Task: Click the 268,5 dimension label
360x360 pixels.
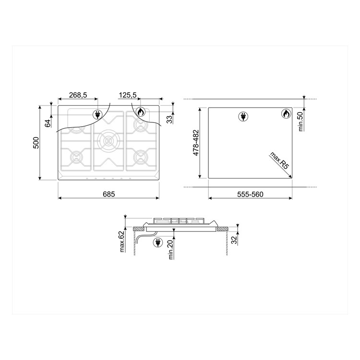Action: coord(78,95)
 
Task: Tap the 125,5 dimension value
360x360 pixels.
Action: coord(128,95)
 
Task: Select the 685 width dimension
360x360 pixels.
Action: coord(108,194)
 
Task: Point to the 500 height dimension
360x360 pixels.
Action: coord(36,143)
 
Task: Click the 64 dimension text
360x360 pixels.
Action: coord(48,123)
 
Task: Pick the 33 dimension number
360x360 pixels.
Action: coord(169,120)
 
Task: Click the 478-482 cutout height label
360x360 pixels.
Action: coord(196,143)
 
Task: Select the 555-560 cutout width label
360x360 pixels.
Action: coord(250,194)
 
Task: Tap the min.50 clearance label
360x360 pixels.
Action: coord(301,122)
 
